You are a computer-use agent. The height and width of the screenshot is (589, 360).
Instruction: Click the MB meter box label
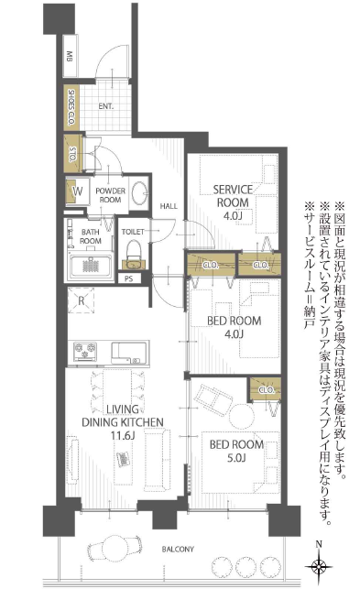click(x=70, y=57)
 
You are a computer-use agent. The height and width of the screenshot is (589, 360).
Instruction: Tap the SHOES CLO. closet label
click(x=71, y=107)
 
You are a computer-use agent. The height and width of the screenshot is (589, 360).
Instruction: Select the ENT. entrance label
click(x=105, y=106)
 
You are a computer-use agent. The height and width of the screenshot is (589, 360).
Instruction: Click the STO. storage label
click(x=73, y=154)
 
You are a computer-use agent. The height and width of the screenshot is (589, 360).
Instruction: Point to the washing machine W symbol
click(x=78, y=191)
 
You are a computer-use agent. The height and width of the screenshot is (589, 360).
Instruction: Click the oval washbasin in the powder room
click(x=140, y=193)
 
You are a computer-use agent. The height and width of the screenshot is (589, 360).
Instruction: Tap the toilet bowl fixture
click(x=134, y=251)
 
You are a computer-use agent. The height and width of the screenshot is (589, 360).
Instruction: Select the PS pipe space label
click(x=128, y=279)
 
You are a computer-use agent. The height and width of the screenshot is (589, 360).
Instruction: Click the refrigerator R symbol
click(x=82, y=300)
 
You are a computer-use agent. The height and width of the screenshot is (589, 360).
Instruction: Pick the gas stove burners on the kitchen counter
click(x=85, y=351)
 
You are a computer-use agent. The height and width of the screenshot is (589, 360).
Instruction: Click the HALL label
click(x=169, y=206)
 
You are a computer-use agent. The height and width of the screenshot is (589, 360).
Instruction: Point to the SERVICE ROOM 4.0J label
click(x=233, y=202)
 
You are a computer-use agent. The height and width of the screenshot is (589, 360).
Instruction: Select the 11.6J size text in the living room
click(x=123, y=436)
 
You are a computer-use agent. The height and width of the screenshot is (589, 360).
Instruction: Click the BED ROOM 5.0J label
click(x=236, y=452)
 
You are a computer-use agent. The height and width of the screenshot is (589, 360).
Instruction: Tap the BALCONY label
click(x=178, y=550)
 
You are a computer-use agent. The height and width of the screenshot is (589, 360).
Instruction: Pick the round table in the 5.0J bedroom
click(x=242, y=416)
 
